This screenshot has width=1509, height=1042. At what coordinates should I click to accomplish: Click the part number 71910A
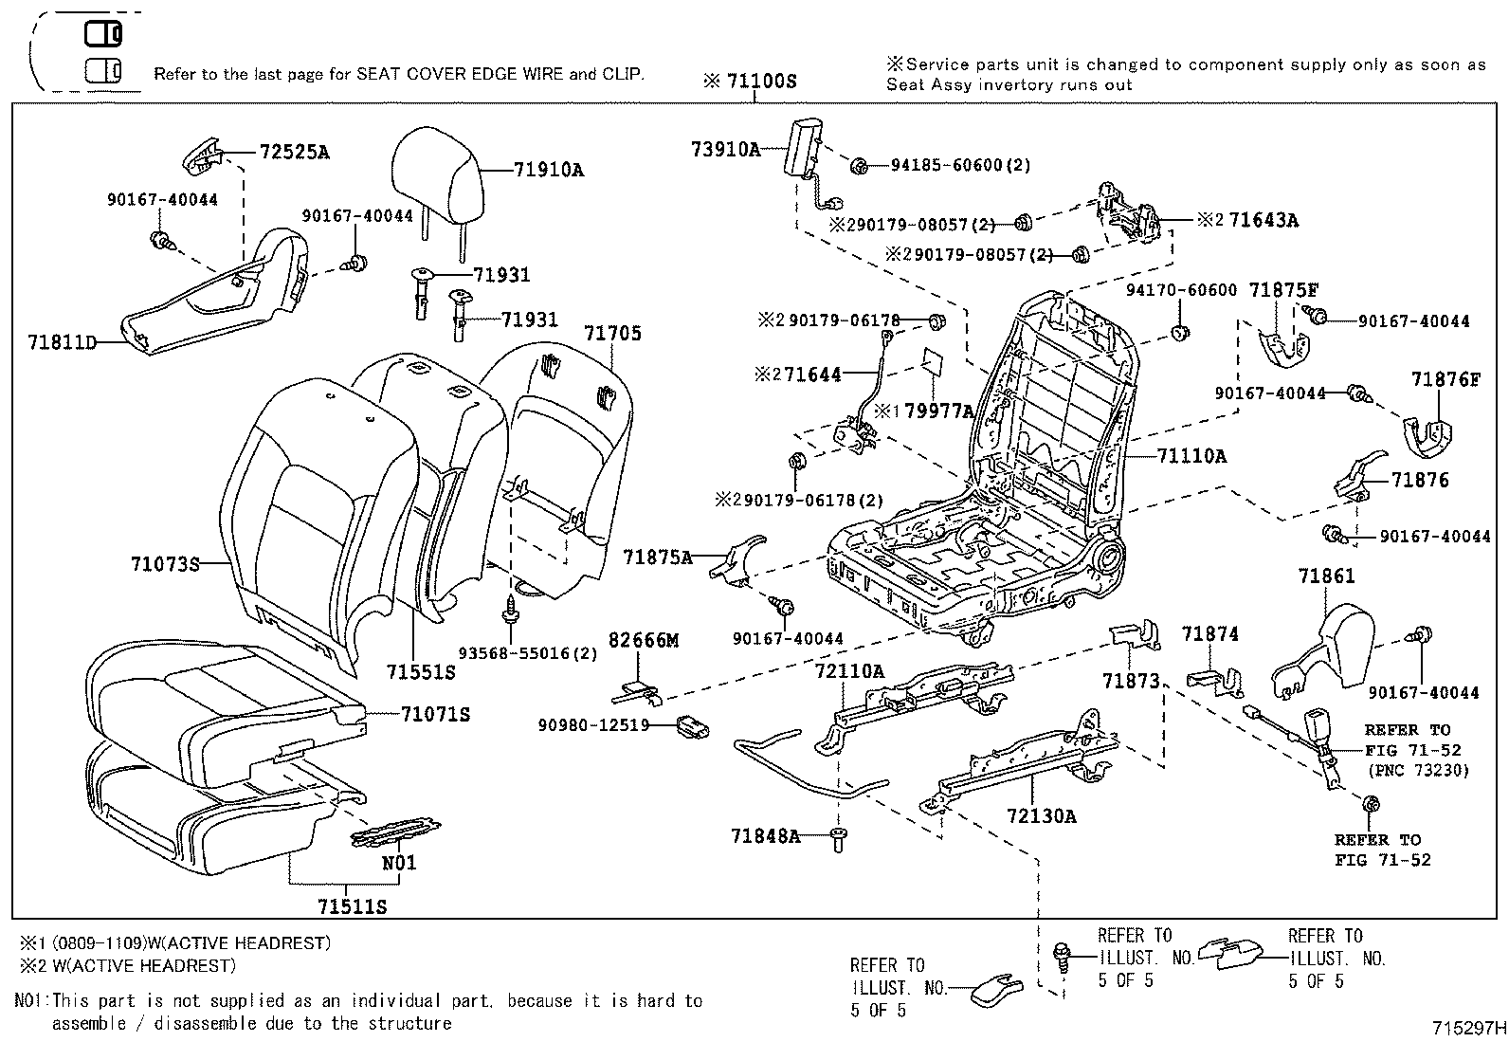(549, 171)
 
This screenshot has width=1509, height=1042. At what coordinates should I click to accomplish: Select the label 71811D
(62, 341)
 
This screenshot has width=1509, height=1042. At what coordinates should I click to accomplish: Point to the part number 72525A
(294, 152)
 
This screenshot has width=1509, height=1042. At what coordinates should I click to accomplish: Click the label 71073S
(165, 564)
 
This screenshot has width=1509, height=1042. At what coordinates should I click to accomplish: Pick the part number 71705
(612, 334)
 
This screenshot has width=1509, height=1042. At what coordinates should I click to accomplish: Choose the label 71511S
(353, 906)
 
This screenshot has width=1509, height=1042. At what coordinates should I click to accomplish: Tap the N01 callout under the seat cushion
(399, 863)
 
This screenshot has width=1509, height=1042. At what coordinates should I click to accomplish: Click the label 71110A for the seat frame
(1191, 456)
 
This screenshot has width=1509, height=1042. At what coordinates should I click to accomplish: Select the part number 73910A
(725, 149)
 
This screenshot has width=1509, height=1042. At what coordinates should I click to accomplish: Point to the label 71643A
(1264, 221)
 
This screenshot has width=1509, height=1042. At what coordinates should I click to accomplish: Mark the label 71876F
(1445, 379)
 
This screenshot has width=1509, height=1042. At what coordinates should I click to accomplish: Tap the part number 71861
(1327, 576)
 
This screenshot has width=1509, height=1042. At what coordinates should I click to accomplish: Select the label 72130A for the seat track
(1041, 815)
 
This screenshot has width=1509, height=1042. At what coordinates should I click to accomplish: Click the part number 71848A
(765, 835)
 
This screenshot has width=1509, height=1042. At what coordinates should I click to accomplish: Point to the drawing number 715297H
(1468, 1027)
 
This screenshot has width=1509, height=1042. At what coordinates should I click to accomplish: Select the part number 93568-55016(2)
(528, 653)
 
